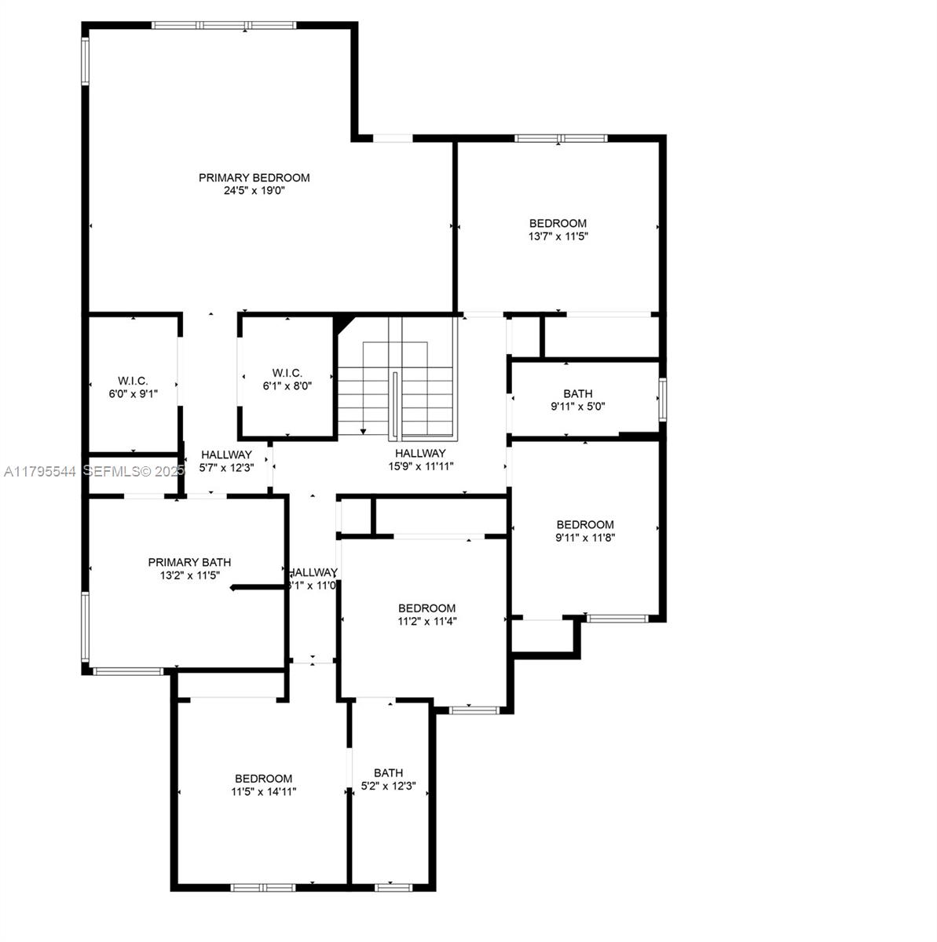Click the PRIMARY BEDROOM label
[x=254, y=177]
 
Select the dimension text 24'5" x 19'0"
[x=254, y=190]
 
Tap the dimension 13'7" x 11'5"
[x=558, y=235]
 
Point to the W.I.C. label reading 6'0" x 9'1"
[x=134, y=394]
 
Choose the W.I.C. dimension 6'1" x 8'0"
[x=287, y=385]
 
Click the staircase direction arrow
[x=363, y=430]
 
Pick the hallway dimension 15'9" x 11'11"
[x=420, y=466]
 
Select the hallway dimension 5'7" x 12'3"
[x=226, y=467]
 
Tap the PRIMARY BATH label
[x=189, y=562]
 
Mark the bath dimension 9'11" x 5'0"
[x=577, y=407]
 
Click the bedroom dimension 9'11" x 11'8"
[x=585, y=538]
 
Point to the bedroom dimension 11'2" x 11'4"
[x=426, y=621]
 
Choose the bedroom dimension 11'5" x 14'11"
[x=263, y=791]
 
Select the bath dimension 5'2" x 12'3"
[x=388, y=786]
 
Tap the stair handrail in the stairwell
[x=396, y=404]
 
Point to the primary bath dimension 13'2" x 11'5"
[x=189, y=575]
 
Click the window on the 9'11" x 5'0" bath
[x=662, y=399]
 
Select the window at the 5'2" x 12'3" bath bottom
[x=393, y=887]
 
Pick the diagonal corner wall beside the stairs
[x=343, y=322]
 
